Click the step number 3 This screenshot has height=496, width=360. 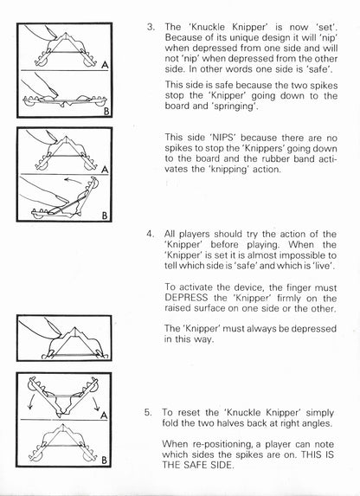(151, 27)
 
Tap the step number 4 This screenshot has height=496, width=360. (150, 235)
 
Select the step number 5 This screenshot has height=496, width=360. (148, 413)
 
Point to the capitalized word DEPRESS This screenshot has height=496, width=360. (186, 298)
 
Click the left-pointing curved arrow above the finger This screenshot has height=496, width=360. (73, 181)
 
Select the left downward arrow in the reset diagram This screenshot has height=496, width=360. (30, 403)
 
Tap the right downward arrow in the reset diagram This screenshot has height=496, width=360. (96, 403)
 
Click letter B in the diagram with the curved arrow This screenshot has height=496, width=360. (105, 216)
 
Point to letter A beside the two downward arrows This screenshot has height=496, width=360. (104, 415)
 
